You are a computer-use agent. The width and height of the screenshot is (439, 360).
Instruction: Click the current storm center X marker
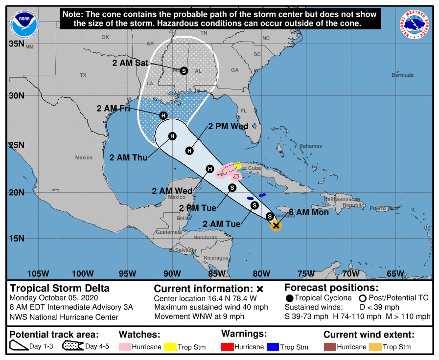[x=276, y=225]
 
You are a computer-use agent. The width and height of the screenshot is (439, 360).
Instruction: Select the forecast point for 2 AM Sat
[x=184, y=70]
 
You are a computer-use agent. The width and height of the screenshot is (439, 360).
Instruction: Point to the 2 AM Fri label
[x=113, y=109]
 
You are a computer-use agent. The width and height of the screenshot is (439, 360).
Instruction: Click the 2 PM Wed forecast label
[x=228, y=126]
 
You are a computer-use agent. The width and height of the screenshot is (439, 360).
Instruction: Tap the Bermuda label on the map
[x=402, y=75]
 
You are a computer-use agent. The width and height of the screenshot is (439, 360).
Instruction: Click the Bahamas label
[x=311, y=146]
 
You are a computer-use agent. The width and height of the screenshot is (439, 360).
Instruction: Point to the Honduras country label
[x=205, y=237]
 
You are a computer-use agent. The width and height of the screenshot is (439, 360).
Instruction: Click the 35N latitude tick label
[x=17, y=44]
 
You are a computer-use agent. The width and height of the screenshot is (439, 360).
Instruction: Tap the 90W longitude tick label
[x=171, y=273]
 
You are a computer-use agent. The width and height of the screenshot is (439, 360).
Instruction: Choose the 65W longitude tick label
[x=395, y=273]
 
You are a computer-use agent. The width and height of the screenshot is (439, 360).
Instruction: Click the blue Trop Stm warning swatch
[x=272, y=347]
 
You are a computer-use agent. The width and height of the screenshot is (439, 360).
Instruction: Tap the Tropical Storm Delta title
[x=60, y=288]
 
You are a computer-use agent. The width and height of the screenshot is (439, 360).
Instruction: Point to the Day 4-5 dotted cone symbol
[x=72, y=346]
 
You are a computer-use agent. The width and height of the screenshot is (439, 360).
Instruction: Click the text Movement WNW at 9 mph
[x=199, y=316]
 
